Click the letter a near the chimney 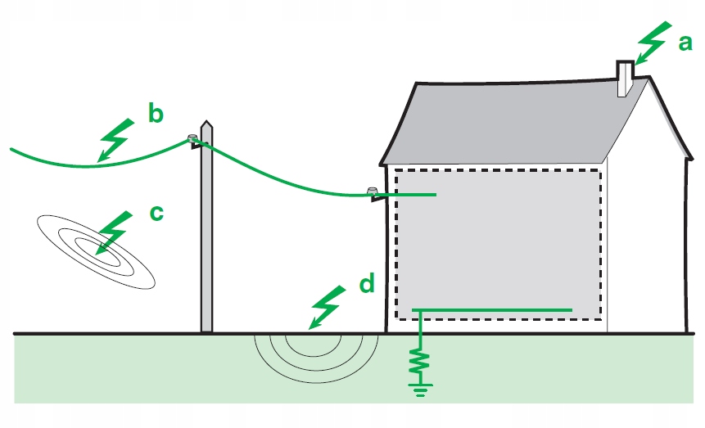(685, 43)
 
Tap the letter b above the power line (156, 114)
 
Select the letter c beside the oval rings (156, 214)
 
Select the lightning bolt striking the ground (324, 308)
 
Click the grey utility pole (207, 237)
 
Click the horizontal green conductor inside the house (491, 309)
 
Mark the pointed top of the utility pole (207, 125)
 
